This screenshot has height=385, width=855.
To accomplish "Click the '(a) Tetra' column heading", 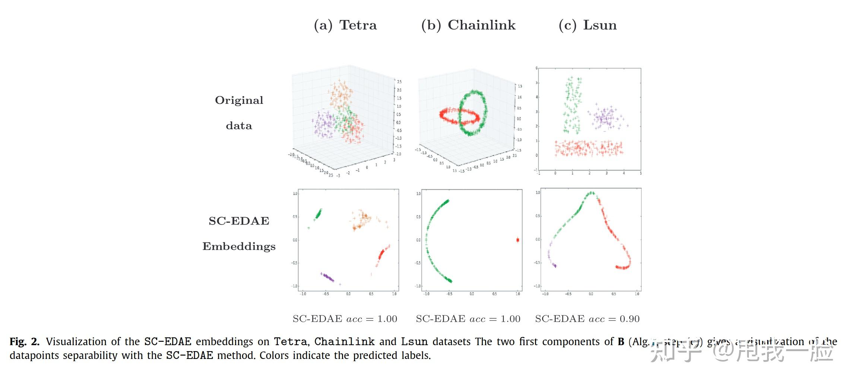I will click(345, 25).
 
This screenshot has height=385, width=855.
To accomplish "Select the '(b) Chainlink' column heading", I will click(468, 25).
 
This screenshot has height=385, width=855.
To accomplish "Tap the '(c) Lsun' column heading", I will click(588, 25).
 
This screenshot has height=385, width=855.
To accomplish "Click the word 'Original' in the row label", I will click(239, 100).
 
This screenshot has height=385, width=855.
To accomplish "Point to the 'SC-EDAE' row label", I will click(239, 221).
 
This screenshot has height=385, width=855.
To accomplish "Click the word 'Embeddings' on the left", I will click(239, 246).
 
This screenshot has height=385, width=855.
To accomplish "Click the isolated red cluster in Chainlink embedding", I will click(517, 240).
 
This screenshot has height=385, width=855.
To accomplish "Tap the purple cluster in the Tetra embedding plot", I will click(328, 277).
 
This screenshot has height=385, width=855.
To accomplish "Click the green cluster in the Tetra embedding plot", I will click(318, 214).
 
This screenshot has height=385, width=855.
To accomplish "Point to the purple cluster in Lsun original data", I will click(605, 118).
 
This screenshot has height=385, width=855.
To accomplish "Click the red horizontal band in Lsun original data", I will click(589, 148).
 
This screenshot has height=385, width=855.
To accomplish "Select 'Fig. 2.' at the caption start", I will click(24, 341).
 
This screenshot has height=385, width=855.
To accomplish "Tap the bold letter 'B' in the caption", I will click(621, 341).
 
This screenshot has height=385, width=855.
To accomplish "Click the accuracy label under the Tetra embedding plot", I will click(345, 319).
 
